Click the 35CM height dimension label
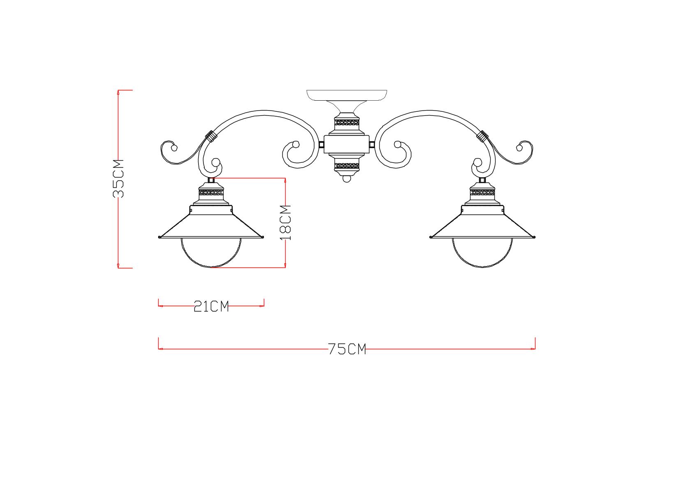118,179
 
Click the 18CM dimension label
286,223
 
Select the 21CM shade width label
211,307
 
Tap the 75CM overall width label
347,349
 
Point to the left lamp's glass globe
211,253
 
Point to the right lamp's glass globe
482,253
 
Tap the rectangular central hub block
347,144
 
